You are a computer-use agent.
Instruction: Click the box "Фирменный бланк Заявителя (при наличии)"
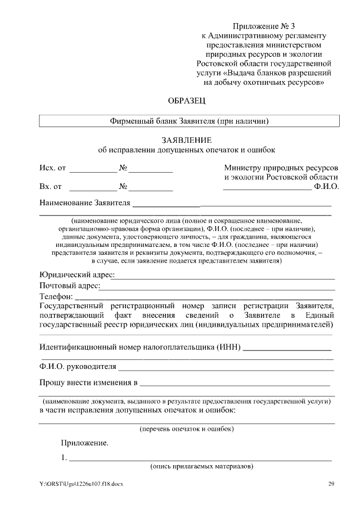(x=189, y=121)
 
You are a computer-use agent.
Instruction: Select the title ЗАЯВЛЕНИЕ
(x=187, y=140)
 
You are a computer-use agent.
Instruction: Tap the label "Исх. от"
(x=53, y=168)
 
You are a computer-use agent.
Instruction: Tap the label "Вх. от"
(x=51, y=186)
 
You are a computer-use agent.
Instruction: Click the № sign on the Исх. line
(x=123, y=168)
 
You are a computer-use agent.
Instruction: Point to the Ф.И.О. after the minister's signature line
(x=326, y=186)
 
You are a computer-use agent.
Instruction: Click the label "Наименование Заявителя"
(x=84, y=202)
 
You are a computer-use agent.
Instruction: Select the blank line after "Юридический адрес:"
(x=225, y=275)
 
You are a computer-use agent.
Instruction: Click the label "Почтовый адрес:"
(x=70, y=286)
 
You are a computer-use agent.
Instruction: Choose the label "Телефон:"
(x=56, y=296)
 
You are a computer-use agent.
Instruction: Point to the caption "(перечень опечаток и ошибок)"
(x=187, y=429)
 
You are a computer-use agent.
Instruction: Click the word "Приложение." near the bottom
(x=85, y=443)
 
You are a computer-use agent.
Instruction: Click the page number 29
(x=331, y=484)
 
